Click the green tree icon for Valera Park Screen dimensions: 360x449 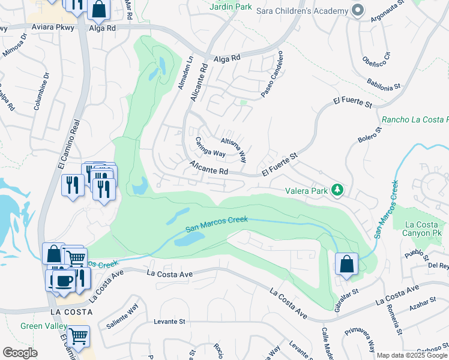(x=338, y=190)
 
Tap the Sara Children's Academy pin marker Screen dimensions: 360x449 (x=358, y=11)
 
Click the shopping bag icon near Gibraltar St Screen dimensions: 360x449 (x=347, y=264)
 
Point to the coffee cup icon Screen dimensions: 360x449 (x=64, y=280)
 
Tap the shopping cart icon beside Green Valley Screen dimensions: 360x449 (x=78, y=337)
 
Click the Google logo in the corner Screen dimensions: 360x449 (x=20, y=353)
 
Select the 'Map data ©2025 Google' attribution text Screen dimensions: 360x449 (x=412, y=355)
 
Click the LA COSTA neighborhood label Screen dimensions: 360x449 (x=71, y=312)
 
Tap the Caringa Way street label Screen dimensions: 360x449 (x=210, y=147)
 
